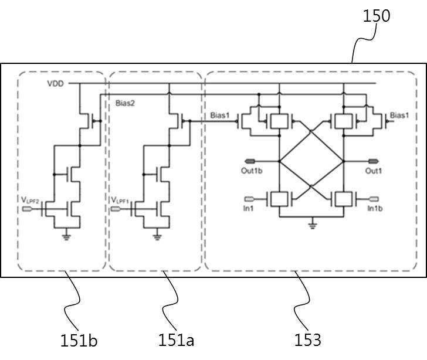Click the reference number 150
(x=377, y=16)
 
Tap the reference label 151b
(x=79, y=341)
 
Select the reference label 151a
(x=176, y=341)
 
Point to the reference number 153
(x=307, y=340)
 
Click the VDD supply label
(x=56, y=84)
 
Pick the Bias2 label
(x=125, y=103)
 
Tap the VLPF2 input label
(x=30, y=201)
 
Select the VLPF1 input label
(x=120, y=201)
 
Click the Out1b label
(x=252, y=171)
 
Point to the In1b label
(x=375, y=208)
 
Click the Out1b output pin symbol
(x=250, y=161)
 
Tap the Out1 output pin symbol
(x=374, y=161)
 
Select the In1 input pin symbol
(x=249, y=199)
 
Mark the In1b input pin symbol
(x=374, y=199)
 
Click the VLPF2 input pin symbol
(x=27, y=209)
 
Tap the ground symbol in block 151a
(x=157, y=237)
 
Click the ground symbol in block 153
(x=313, y=225)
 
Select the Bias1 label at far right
(x=399, y=115)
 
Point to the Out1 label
(x=374, y=171)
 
